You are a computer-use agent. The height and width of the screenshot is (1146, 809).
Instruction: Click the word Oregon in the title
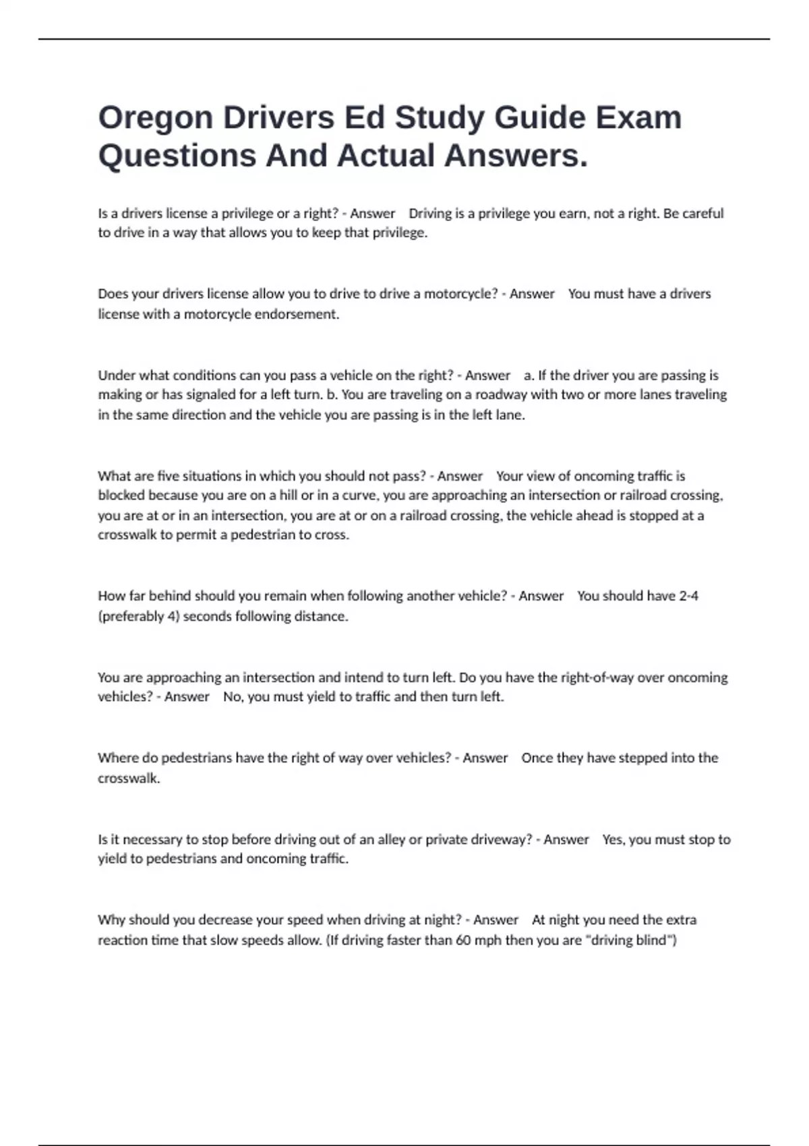(154, 119)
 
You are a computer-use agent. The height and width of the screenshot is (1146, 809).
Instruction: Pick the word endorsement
(297, 314)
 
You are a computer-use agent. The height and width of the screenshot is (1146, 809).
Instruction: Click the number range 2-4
(688, 596)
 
